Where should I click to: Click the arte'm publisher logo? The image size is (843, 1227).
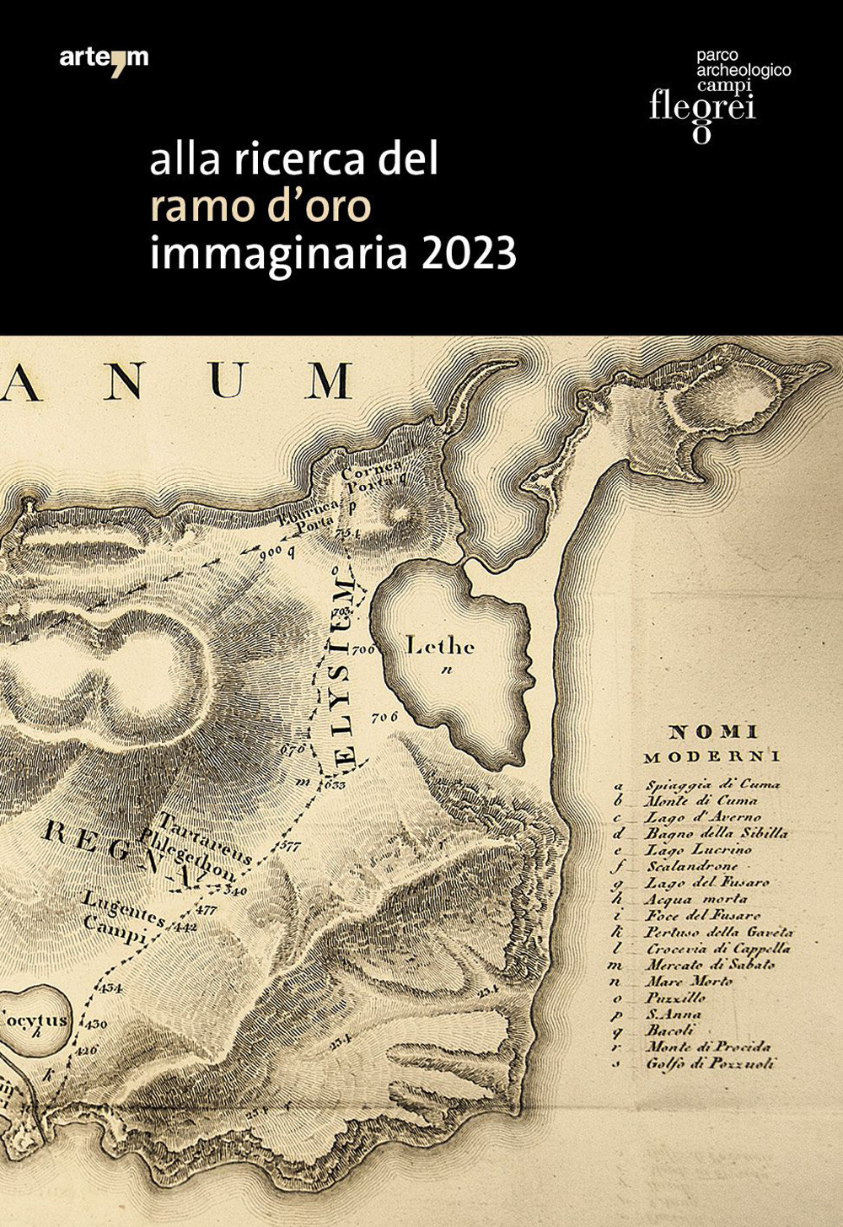click(x=104, y=58)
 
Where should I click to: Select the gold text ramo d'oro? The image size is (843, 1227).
click(x=260, y=207)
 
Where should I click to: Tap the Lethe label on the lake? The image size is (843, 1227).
click(x=440, y=647)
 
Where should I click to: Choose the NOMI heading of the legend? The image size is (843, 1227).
click(x=712, y=732)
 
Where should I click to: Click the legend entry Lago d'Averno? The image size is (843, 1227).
click(x=703, y=816)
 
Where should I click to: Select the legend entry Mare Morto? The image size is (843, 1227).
click(x=689, y=981)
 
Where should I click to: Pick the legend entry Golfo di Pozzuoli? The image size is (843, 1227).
click(x=710, y=1063)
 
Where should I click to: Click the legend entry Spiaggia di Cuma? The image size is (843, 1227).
click(x=712, y=783)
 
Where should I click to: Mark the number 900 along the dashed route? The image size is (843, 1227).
click(x=270, y=553)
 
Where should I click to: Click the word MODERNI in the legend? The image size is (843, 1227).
click(x=712, y=756)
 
